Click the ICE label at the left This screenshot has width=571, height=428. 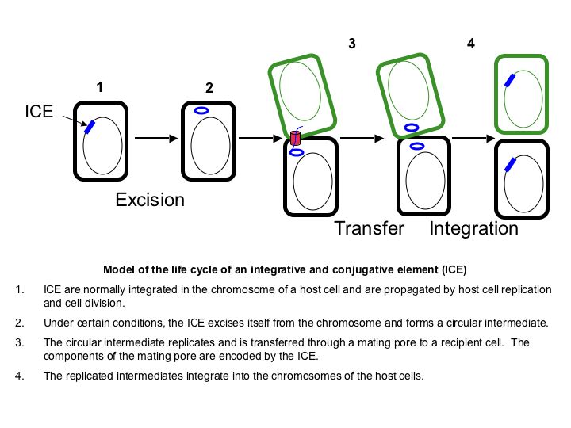(39, 112)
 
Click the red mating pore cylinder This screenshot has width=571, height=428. (296, 138)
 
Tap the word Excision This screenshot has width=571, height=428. (150, 199)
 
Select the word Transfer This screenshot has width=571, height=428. (370, 229)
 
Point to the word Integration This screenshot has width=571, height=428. (474, 229)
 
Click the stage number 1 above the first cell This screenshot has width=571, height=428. (100, 87)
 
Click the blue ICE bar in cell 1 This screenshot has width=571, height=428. (90, 127)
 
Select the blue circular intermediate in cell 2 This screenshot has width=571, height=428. (202, 112)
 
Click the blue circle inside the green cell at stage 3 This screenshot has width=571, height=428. (412, 127)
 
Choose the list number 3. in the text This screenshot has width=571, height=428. (20, 342)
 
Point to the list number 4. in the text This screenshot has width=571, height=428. (20, 375)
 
